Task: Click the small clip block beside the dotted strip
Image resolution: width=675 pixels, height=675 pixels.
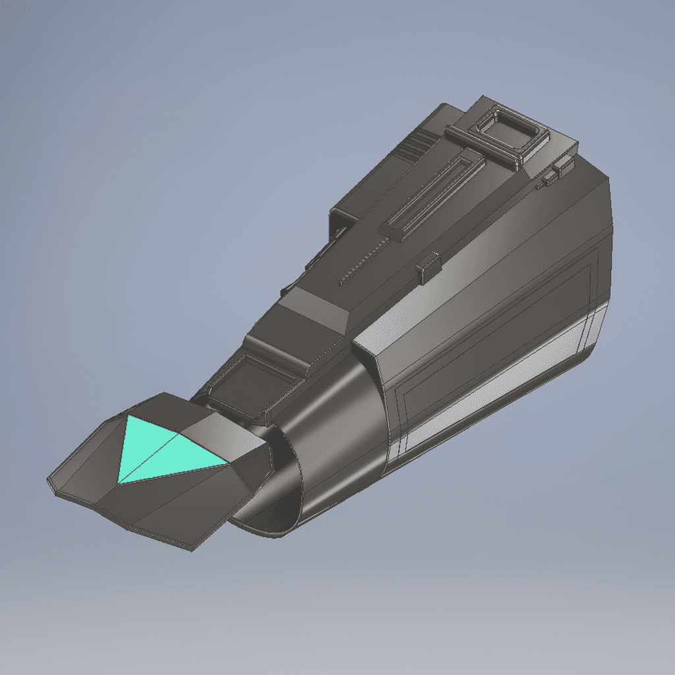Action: pos(428,266)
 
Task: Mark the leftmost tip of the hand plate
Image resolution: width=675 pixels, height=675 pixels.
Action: pos(49,481)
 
